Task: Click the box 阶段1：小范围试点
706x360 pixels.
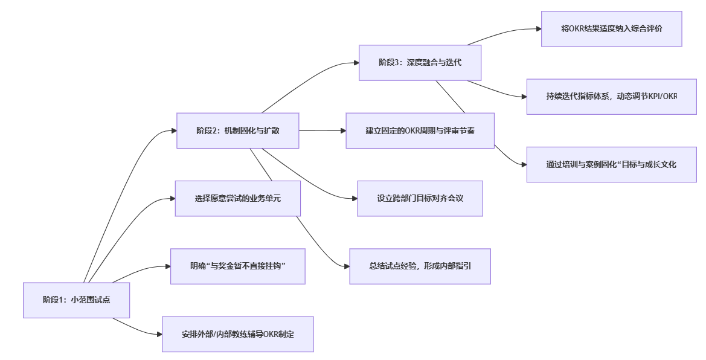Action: click(76, 300)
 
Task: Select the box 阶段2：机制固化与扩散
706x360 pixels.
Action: click(238, 130)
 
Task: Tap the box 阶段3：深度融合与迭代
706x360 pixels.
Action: click(420, 62)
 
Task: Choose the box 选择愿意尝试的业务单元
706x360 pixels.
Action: click(237, 198)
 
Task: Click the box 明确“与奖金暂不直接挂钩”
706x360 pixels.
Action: click(237, 266)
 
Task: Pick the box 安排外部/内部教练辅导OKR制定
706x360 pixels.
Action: click(237, 334)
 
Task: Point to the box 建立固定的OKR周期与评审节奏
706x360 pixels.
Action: click(420, 130)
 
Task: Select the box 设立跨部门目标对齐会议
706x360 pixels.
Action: click(420, 198)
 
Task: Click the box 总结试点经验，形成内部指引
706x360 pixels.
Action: click(420, 266)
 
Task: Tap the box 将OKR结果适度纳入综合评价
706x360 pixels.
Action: click(611, 28)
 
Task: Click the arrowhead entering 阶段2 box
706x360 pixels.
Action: click(173, 130)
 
